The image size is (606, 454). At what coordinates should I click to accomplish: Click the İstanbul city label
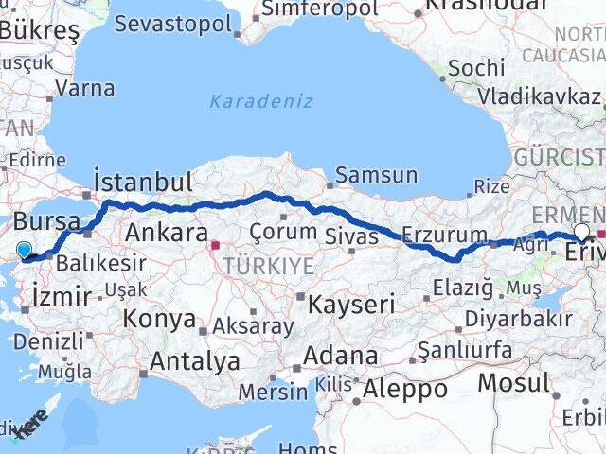[144, 182]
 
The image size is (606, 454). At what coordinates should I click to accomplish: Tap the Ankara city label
[167, 233]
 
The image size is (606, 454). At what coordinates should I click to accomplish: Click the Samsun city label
[377, 175]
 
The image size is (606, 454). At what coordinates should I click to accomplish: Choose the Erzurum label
[444, 235]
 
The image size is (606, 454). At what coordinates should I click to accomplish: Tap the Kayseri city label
[351, 304]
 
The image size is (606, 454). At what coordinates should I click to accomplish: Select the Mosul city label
[512, 383]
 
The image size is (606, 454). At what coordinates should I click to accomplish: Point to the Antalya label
[195, 360]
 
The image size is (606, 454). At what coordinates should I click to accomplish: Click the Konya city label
[159, 319]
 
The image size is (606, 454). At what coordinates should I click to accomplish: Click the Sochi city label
[476, 68]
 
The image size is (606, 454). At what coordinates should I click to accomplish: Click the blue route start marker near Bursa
[24, 251]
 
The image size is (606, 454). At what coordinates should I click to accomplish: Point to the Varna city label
[85, 89]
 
